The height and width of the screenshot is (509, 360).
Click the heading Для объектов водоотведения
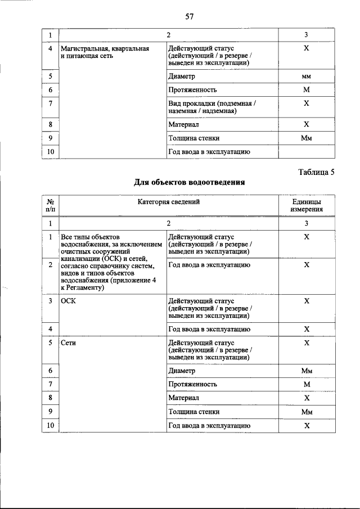tap(189, 183)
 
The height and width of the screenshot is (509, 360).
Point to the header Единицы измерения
tap(307, 205)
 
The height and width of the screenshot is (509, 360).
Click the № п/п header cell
tap(50, 205)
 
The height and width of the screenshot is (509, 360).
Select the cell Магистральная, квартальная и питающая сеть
tap(105, 53)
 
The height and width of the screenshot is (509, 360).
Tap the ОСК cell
tap(68, 301)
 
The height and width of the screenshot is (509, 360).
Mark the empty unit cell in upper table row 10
tap(307, 152)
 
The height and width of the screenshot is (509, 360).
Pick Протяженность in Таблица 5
tap(192, 384)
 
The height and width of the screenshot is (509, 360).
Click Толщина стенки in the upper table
tap(193, 138)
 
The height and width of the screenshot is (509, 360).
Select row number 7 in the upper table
tap(50, 103)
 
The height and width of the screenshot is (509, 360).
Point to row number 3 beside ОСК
tap(50, 301)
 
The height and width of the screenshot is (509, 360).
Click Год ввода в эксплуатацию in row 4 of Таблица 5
tap(209, 330)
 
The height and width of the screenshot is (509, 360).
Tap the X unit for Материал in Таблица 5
tap(307, 398)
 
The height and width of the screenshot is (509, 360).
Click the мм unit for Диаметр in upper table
tap(307, 76)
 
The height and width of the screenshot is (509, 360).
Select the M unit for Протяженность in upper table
tap(307, 90)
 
